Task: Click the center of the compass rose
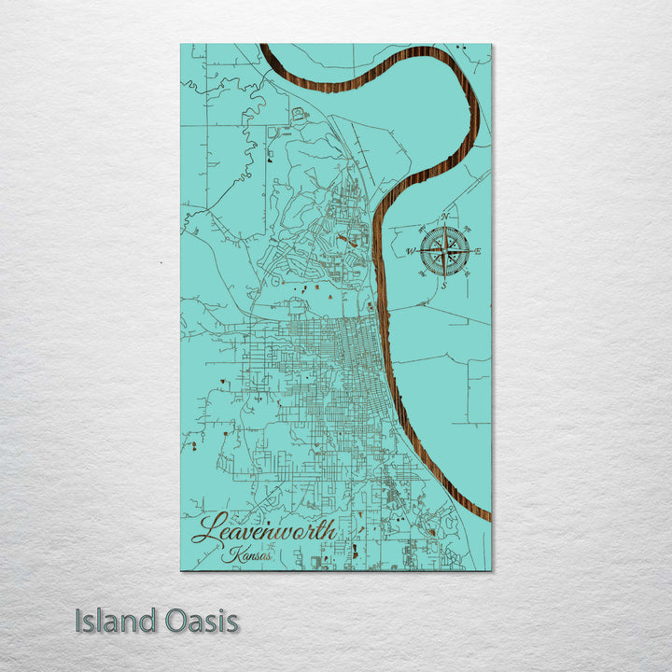pyautogui.click(x=444, y=250)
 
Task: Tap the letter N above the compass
pyautogui.click(x=445, y=217)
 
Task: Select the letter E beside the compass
pyautogui.click(x=478, y=252)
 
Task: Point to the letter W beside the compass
pyautogui.click(x=410, y=250)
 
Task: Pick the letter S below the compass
pyautogui.click(x=443, y=285)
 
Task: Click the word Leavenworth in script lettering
pyautogui.click(x=264, y=529)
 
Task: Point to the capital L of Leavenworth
pyautogui.click(x=207, y=529)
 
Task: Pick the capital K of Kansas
pyautogui.click(x=231, y=553)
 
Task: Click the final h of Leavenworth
pyautogui.click(x=329, y=528)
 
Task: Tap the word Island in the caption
pyautogui.click(x=116, y=621)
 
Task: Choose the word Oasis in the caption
pyautogui.click(x=201, y=621)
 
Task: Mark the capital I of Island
pyautogui.click(x=79, y=621)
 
